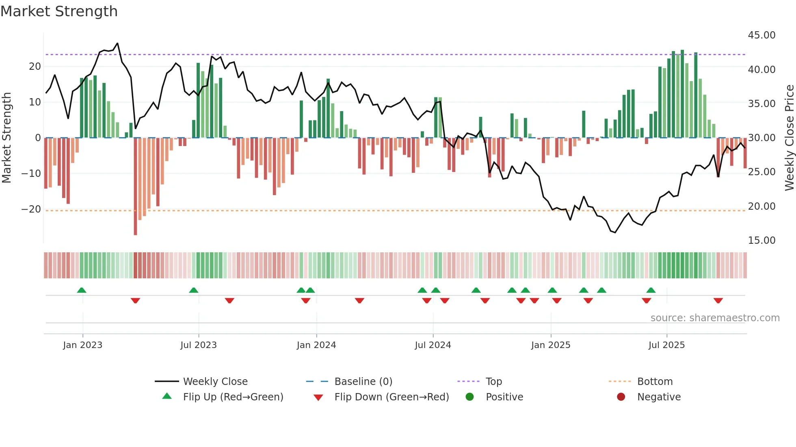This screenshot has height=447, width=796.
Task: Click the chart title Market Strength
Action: [x=59, y=11]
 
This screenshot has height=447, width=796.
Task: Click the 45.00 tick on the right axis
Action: [x=761, y=35]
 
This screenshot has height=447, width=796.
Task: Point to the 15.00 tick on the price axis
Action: [x=761, y=241]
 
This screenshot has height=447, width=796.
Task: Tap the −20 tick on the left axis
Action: [x=31, y=209]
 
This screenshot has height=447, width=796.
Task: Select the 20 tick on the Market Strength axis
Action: [x=35, y=67]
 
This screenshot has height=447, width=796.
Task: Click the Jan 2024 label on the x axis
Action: [x=316, y=345]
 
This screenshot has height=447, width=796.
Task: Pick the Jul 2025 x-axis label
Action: [x=666, y=345]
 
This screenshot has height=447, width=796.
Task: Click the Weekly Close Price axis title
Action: [x=789, y=138]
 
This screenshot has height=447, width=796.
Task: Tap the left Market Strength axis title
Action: [x=7, y=138]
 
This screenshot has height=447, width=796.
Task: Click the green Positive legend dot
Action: [x=470, y=397]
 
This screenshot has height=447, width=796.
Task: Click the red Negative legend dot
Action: [x=621, y=397]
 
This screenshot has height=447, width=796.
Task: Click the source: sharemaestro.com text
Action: [x=715, y=318]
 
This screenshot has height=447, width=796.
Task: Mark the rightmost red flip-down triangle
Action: [x=718, y=301]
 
